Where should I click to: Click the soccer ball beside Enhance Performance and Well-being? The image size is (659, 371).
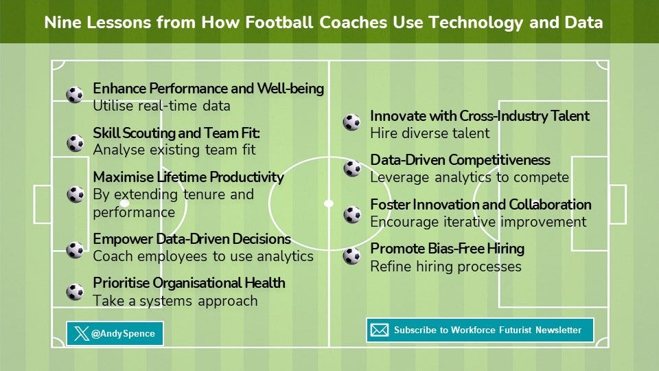pos(75,95)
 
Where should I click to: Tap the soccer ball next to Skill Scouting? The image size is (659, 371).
pos(75,144)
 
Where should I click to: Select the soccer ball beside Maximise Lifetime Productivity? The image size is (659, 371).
pos(75,194)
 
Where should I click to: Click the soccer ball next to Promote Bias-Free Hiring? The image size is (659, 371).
pos(351,256)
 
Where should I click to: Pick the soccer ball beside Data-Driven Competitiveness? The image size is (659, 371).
pos(351,168)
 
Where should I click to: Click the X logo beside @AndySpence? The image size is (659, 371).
pos(82,334)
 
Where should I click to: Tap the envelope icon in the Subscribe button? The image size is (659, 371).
pos(379,330)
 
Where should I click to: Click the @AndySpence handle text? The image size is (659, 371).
pos(124,335)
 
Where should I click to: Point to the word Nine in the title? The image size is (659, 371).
pos(60,23)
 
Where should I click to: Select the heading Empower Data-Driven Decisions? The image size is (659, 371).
pos(192,239)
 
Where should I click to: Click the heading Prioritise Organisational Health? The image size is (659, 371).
pos(189,283)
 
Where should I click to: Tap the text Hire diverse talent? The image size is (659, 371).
pos(430,133)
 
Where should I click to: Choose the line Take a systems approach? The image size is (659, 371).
pos(175,300)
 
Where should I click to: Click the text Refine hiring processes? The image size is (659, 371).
pos(446,266)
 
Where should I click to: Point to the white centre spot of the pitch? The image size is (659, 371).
pos(329,203)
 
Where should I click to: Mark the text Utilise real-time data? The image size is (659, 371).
pos(161,106)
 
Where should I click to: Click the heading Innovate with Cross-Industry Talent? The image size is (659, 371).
pos(480,116)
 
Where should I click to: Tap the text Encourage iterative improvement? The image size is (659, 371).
pos(478,222)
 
